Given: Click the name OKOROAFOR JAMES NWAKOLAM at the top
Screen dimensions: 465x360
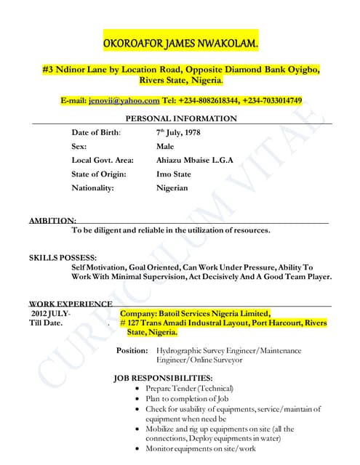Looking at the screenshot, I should tap(180, 45).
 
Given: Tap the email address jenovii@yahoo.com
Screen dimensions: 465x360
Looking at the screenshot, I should tap(124, 100).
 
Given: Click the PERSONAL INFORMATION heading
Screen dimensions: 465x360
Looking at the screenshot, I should tap(180, 118).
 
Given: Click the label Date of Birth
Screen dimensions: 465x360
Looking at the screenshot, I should tap(96, 132).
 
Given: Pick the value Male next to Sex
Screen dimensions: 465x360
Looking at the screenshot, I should tap(165, 146).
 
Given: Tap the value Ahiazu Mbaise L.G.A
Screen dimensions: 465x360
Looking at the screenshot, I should tap(195, 160).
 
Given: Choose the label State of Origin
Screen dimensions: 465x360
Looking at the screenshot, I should tap(99, 174).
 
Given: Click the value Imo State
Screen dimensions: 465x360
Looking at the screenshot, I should tap(174, 174).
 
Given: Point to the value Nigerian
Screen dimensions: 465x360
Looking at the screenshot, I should tap(172, 187).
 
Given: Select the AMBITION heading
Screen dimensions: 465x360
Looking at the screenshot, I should tap(52, 220).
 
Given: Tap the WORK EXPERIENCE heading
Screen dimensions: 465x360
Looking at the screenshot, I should tap(71, 303).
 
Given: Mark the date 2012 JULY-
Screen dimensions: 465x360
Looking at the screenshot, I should tap(51, 312).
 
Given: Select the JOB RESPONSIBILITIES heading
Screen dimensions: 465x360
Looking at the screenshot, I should tap(164, 378).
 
